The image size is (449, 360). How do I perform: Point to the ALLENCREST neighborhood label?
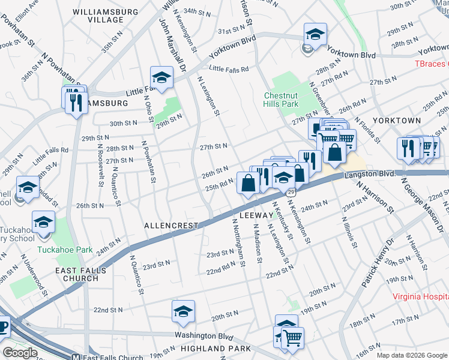tap(171, 226)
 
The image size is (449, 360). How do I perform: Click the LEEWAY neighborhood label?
tap(256, 214)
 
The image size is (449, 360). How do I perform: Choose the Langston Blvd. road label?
tap(370, 173)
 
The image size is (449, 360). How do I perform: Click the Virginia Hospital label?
tap(420, 296)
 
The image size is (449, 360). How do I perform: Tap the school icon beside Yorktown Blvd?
tap(315, 35)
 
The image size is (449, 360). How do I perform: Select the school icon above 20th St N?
tap(183, 311)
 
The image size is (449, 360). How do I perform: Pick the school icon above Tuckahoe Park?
tap(44, 223)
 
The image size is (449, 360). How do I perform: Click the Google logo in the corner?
tap(20, 353)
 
